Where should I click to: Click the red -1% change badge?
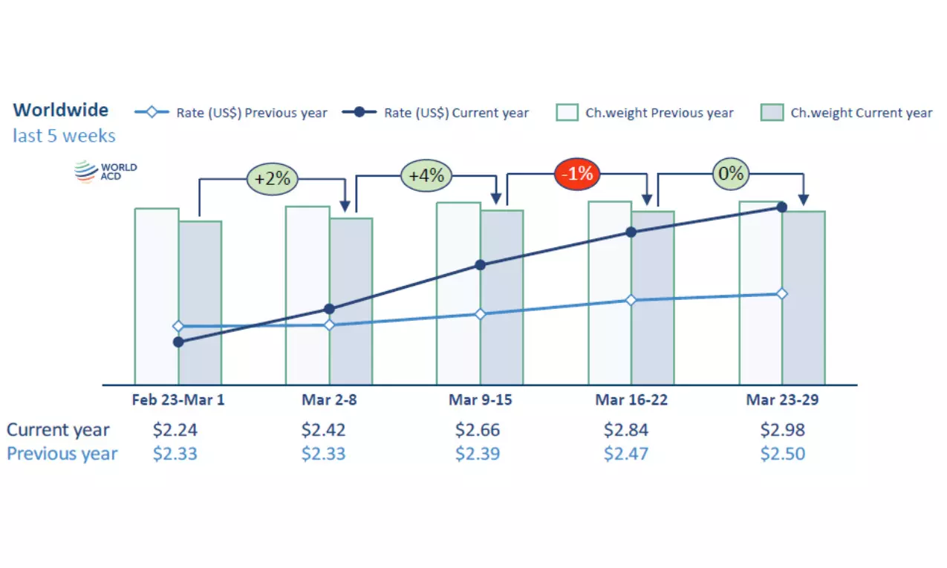click(576, 174)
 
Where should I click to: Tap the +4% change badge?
click(426, 176)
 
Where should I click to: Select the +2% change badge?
click(272, 179)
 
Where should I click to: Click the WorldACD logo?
click(105, 172)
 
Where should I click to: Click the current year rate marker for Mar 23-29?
click(782, 206)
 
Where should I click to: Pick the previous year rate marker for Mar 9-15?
click(480, 314)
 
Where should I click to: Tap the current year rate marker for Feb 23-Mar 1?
click(178, 342)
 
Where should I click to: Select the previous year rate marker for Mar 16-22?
click(631, 300)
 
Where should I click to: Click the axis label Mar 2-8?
click(329, 400)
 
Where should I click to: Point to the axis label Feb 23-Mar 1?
click(178, 400)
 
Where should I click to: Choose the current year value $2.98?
click(782, 430)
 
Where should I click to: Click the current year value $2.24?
click(175, 430)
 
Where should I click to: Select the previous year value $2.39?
click(478, 454)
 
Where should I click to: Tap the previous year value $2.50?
click(782, 454)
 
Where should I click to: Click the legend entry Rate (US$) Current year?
click(436, 113)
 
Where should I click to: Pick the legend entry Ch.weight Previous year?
click(645, 113)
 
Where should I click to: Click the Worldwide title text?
click(61, 110)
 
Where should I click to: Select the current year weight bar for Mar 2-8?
click(351, 349)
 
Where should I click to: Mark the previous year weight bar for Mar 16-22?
click(609, 349)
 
